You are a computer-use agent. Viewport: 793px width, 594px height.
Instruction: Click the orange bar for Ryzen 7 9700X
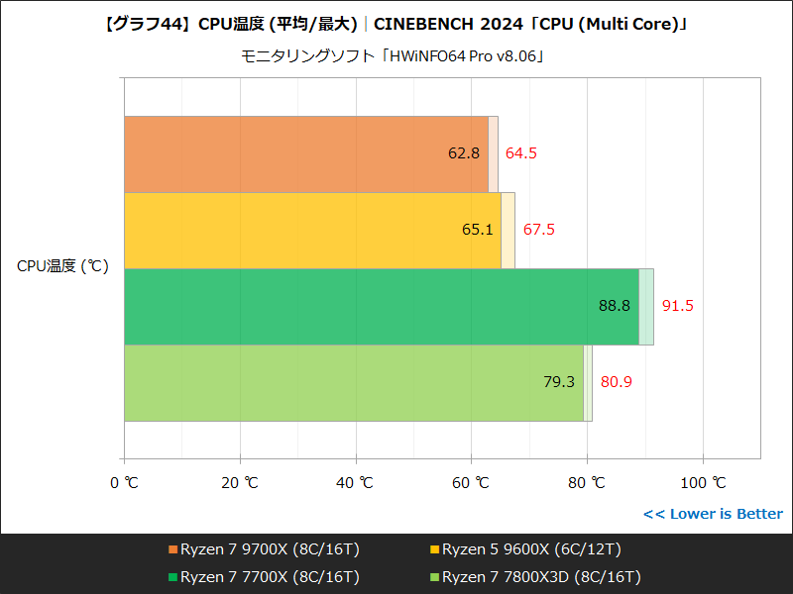297,153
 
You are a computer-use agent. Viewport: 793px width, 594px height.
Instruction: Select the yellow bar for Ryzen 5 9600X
307,230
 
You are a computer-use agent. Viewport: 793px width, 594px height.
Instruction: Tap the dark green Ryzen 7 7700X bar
377,306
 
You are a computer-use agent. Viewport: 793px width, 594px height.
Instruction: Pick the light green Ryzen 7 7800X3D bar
347,382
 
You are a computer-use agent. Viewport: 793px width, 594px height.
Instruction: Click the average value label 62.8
464,153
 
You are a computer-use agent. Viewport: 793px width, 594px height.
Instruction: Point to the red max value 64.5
521,153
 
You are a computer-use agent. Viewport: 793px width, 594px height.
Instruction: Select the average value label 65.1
477,230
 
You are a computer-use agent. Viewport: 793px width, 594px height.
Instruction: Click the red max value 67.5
539,230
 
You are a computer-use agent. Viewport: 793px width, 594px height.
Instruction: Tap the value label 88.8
615,306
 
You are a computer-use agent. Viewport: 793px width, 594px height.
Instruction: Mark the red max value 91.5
678,306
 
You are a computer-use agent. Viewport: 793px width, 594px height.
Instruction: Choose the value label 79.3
559,382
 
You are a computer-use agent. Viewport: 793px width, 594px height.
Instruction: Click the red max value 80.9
617,382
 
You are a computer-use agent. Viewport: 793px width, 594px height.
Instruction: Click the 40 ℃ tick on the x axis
355,483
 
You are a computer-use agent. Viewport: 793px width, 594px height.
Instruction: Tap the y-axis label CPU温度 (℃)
62,266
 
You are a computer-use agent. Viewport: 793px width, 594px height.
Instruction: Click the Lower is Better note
713,514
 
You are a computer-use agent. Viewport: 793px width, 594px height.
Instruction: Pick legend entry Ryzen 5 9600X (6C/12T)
531,549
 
